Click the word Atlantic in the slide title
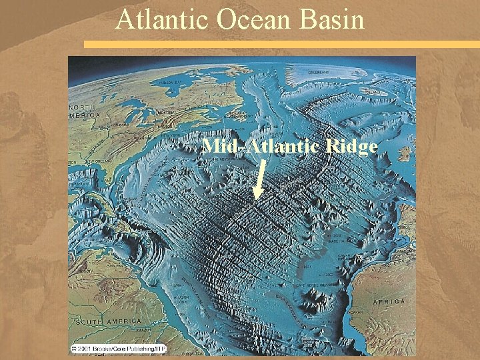(163, 19)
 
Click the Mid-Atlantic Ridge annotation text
(290, 146)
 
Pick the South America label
(98, 322)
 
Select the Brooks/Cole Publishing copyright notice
(117, 349)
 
